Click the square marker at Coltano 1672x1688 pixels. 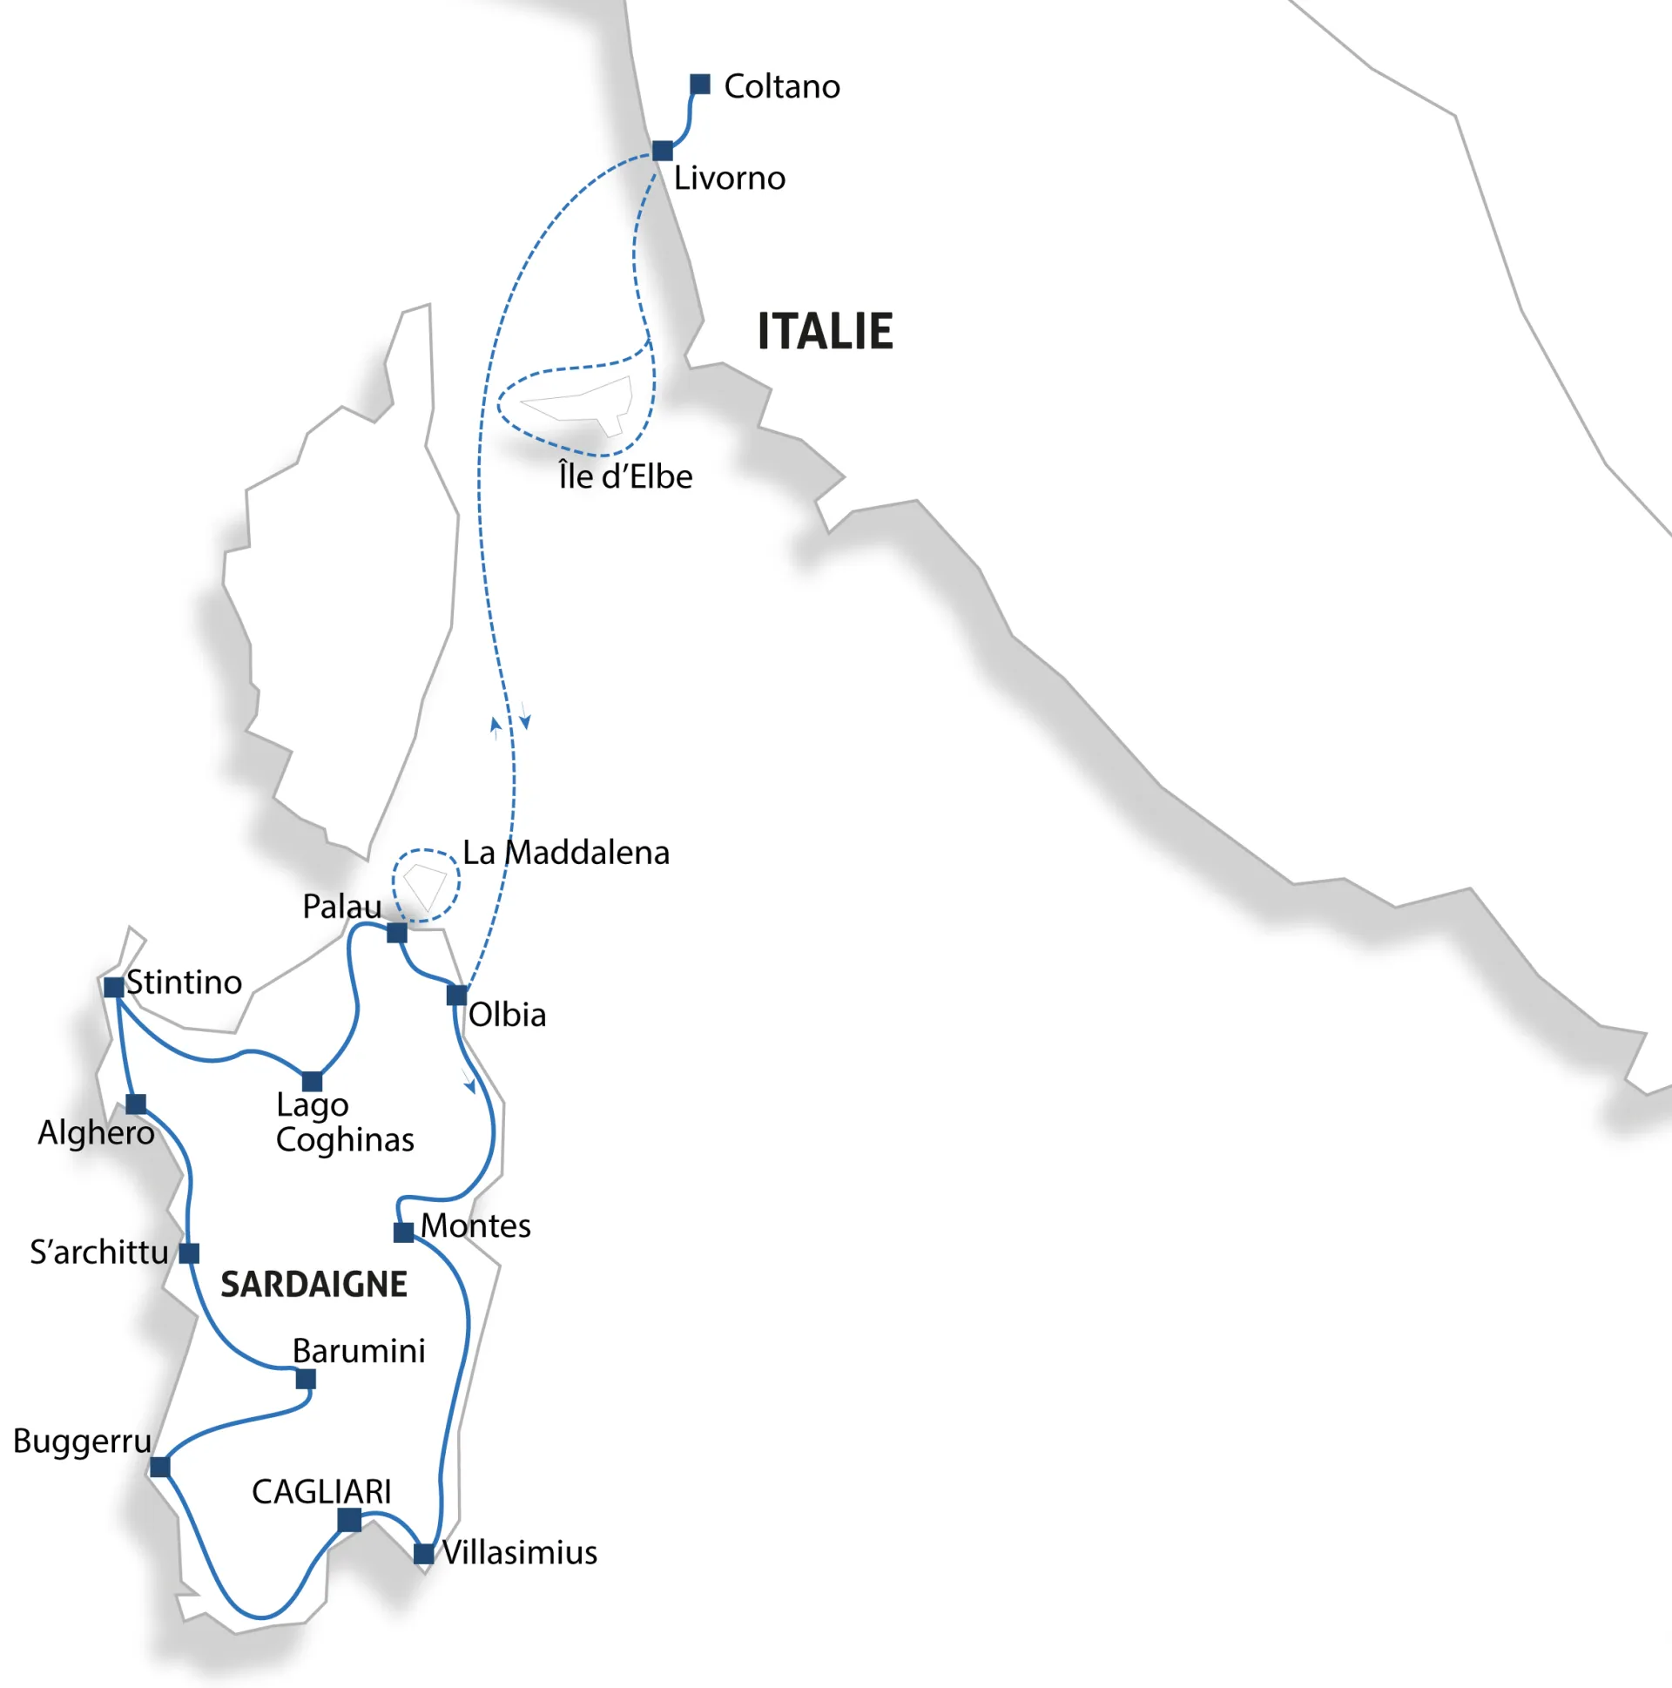700,84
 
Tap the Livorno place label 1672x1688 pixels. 730,179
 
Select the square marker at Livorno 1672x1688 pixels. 662,152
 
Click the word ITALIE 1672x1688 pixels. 825,332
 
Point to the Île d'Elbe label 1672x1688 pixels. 625,477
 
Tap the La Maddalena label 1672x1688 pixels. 566,853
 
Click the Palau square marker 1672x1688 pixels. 396,933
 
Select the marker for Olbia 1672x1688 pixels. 457,996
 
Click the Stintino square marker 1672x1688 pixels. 113,988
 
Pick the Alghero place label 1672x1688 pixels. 96,1133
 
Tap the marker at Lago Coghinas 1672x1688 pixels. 312,1082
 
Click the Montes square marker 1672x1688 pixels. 403,1232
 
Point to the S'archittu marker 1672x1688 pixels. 189,1253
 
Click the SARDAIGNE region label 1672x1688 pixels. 313,1286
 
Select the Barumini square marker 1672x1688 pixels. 306,1380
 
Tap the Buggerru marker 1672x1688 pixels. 160,1467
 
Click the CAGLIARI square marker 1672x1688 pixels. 349,1520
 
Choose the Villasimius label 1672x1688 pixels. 520,1553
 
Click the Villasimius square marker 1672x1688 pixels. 424,1554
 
